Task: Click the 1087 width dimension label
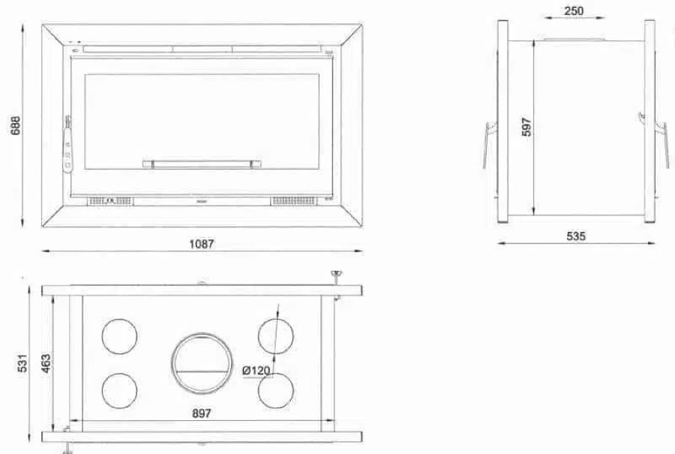(202, 244)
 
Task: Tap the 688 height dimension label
(16, 125)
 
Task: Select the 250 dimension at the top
(574, 11)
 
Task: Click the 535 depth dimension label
(576, 236)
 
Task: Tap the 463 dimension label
(45, 363)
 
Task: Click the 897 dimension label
(202, 413)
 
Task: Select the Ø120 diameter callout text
(256, 371)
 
